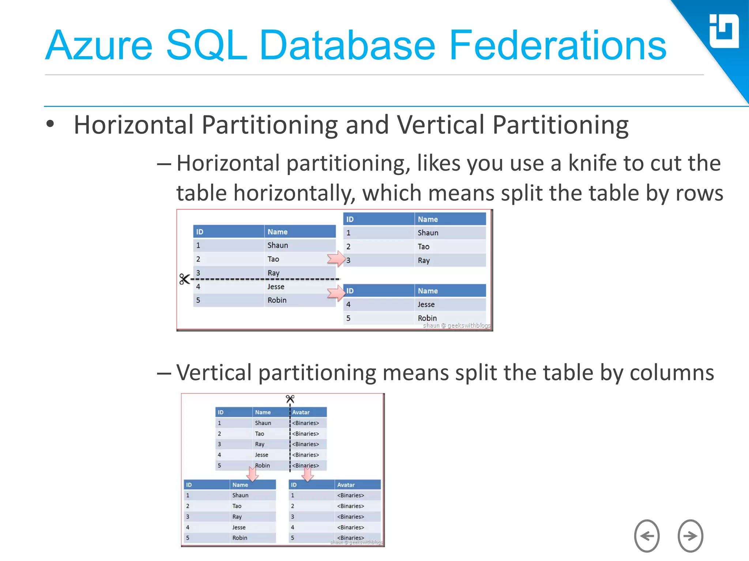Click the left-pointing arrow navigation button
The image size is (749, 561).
(647, 536)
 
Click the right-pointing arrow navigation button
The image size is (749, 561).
(690, 536)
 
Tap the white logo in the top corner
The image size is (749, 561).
(724, 31)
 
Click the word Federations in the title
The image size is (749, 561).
(558, 45)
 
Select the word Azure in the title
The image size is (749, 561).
(99, 45)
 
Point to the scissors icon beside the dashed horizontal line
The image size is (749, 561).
(184, 279)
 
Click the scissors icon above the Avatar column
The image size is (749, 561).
(290, 399)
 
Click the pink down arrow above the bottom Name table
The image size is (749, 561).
(252, 474)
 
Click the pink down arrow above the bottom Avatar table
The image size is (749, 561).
(308, 474)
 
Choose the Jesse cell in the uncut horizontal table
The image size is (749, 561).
(276, 287)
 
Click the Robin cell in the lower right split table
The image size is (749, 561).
(427, 318)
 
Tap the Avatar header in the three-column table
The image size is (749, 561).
(301, 412)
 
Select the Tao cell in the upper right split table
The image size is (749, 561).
(424, 247)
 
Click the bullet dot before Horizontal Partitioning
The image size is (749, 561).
(50, 124)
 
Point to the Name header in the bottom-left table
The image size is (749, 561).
(240, 485)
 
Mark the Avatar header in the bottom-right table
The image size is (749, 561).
(346, 485)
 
